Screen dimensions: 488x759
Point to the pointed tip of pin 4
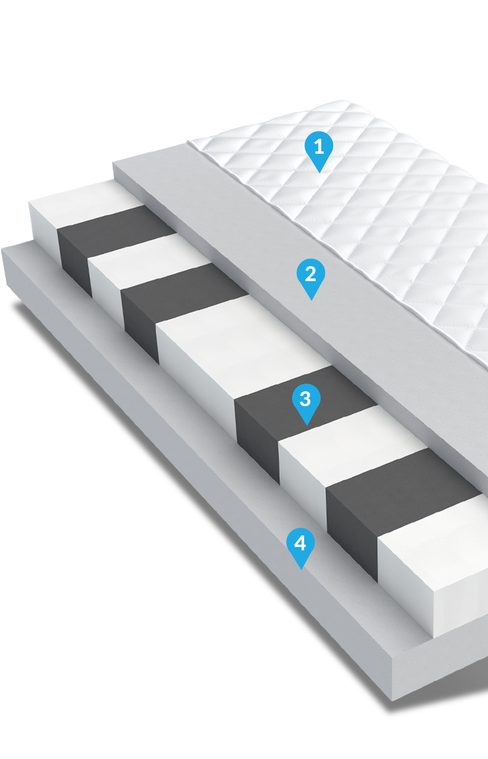(x=301, y=570)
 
